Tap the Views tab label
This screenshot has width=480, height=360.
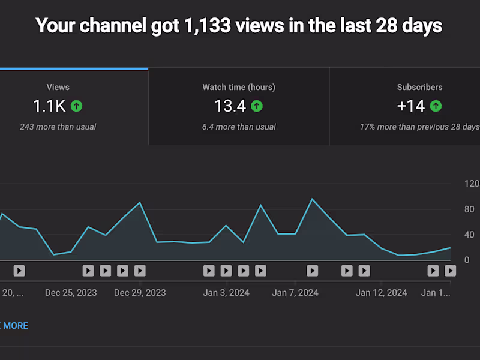58,87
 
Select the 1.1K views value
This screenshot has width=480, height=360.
49,106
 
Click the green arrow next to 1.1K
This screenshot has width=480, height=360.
76,106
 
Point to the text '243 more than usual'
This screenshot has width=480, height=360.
58,127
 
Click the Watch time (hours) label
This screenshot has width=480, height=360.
239,87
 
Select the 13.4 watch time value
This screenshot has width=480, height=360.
230,106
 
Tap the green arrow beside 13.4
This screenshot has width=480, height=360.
257,106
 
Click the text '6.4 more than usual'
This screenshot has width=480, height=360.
239,127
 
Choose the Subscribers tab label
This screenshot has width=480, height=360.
419,87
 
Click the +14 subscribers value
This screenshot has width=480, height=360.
411,106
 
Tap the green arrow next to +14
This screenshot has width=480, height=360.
436,106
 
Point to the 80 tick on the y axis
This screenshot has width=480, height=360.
469,209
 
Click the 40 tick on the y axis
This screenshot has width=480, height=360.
469,235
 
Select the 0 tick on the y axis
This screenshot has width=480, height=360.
467,260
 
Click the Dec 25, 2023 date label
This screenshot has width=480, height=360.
71,293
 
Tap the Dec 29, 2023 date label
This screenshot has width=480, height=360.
140,293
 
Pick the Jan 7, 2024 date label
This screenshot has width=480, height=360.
295,293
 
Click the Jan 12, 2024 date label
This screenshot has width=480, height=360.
381,293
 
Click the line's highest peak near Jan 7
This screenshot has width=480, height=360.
312,199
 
